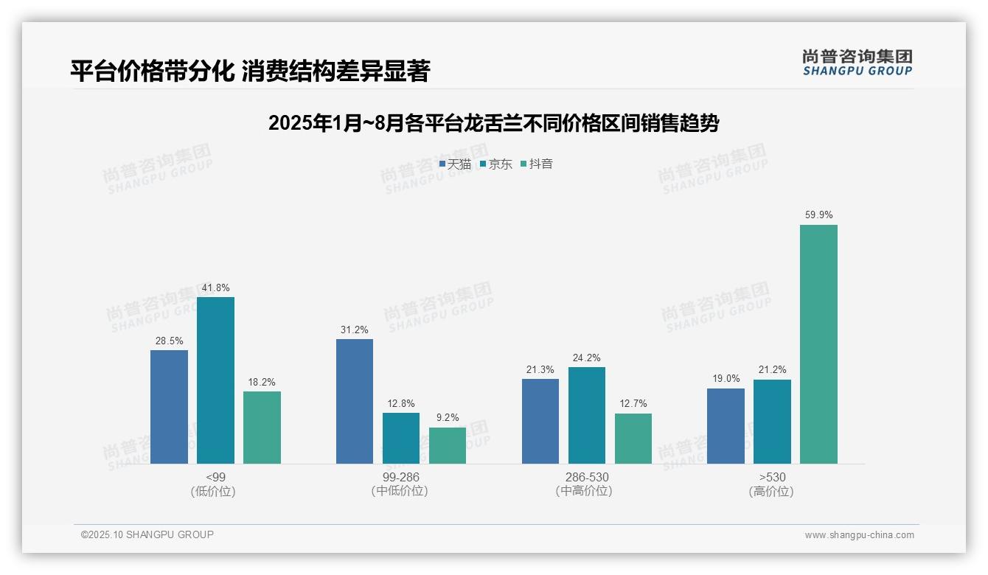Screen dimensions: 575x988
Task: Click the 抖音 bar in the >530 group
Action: [818, 344]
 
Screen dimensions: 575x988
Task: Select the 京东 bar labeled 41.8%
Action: [215, 380]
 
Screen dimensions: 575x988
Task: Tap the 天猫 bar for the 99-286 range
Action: [355, 402]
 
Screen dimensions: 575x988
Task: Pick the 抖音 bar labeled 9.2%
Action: [448, 446]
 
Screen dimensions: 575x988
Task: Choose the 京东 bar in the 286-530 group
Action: [587, 416]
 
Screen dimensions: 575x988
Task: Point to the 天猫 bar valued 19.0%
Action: [726, 426]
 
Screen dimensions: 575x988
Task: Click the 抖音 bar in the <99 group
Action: [262, 428]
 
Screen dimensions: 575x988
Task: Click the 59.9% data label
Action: [818, 215]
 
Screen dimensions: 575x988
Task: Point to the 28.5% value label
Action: [169, 341]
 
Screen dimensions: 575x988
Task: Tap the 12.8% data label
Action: [401, 404]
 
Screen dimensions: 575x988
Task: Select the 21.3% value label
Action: [540, 370]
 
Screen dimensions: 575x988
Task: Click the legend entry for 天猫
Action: [455, 164]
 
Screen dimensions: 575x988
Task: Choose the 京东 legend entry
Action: [495, 164]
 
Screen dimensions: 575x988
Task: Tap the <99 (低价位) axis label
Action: [215, 484]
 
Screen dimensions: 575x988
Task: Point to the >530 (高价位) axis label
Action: [772, 484]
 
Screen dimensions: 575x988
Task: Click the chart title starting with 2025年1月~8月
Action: [493, 123]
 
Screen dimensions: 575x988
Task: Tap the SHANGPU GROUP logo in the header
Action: [857, 63]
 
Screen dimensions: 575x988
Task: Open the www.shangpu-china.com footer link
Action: [859, 535]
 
